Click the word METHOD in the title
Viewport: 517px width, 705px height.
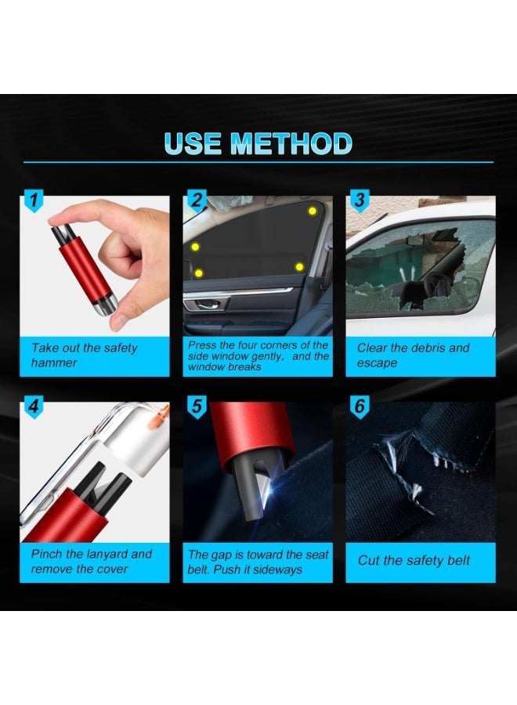pyautogui.click(x=291, y=144)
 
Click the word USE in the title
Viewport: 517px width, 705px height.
pyautogui.click(x=193, y=144)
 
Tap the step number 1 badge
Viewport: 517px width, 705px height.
pyautogui.click(x=34, y=200)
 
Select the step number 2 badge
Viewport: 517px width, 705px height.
pyautogui.click(x=197, y=200)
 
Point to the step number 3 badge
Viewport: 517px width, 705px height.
pyautogui.click(x=360, y=200)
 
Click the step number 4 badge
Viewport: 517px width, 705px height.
pyautogui.click(x=34, y=407)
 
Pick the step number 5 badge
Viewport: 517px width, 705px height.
pyautogui.click(x=197, y=407)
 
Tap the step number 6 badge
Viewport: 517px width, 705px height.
pyautogui.click(x=360, y=407)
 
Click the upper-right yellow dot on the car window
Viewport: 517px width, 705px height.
pyautogui.click(x=312, y=211)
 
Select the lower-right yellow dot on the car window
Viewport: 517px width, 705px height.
pyautogui.click(x=299, y=267)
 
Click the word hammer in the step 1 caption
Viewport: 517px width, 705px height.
pyautogui.click(x=54, y=363)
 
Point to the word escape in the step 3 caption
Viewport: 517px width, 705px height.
pyautogui.click(x=377, y=363)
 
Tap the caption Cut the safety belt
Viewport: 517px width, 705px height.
pyautogui.click(x=414, y=560)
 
